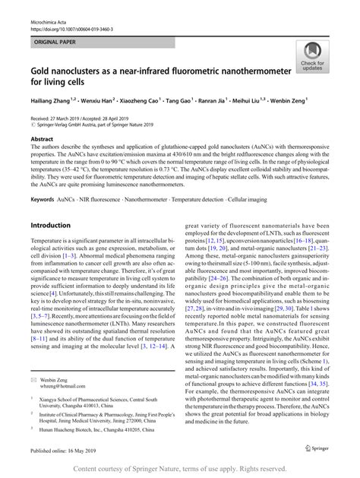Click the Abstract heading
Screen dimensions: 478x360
point(41,139)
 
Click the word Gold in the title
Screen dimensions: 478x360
point(41,69)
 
